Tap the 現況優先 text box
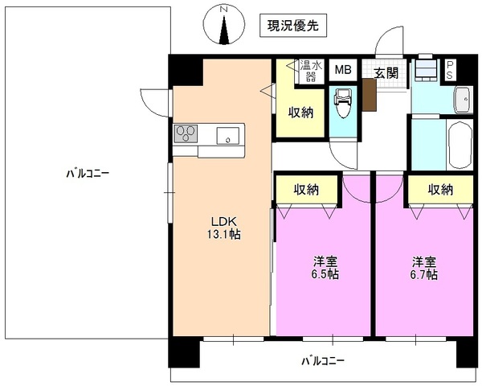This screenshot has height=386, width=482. click(293, 26)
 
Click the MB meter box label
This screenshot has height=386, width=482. click(342, 70)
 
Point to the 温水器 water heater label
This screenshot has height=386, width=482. click(309, 70)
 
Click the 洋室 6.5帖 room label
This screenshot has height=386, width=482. click(325, 268)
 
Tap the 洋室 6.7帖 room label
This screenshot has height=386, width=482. click(425, 268)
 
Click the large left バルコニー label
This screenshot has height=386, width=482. click(88, 172)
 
